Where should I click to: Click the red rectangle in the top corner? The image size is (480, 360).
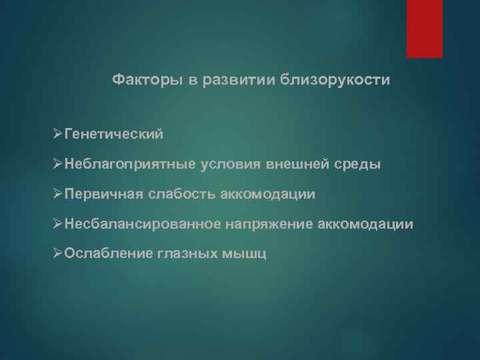pos(424,28)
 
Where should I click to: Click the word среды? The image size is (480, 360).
pos(359,165)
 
